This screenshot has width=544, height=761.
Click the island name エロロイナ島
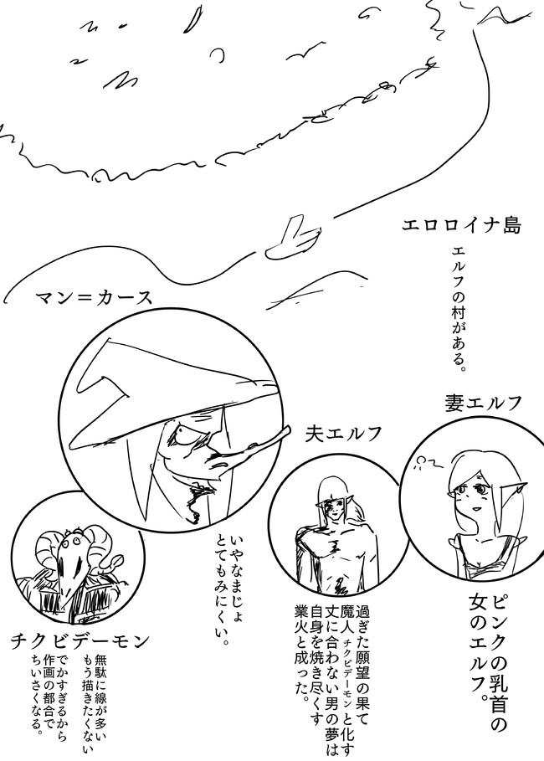(461, 226)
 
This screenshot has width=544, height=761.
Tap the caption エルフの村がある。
(459, 309)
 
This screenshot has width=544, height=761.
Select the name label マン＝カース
(94, 297)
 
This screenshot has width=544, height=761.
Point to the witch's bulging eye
(184, 433)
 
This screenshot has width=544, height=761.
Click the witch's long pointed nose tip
(288, 429)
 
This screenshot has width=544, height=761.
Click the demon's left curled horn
(48, 547)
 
